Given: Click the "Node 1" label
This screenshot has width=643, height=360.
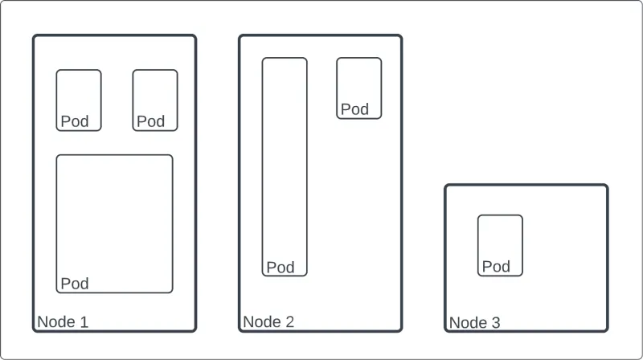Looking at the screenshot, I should (x=63, y=322).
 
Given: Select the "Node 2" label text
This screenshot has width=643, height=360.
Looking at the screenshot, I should (x=268, y=322).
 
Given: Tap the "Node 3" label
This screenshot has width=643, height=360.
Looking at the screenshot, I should (x=474, y=323).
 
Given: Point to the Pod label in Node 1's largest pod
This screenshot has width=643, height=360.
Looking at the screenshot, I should (x=75, y=284).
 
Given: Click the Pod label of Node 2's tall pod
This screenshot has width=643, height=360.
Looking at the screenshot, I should (x=281, y=268).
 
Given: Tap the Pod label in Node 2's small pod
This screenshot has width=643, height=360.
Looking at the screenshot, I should (x=354, y=109).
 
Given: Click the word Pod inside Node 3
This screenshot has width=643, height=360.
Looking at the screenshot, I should (x=496, y=267).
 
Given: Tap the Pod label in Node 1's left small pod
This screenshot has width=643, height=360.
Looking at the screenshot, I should (x=75, y=121).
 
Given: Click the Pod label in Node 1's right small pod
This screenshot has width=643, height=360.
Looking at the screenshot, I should (x=150, y=121).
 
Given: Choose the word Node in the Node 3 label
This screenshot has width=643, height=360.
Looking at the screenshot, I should (x=466, y=323).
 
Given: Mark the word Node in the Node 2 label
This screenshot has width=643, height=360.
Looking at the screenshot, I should (x=260, y=322).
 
